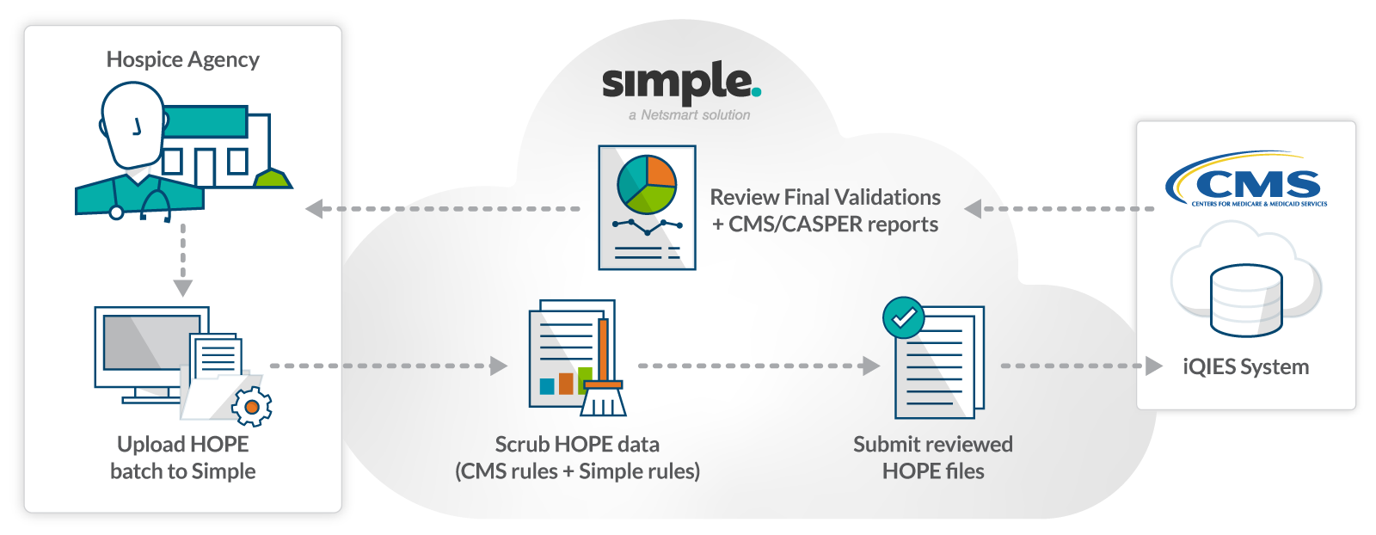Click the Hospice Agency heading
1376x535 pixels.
pyautogui.click(x=182, y=59)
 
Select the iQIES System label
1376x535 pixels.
pyautogui.click(x=1245, y=367)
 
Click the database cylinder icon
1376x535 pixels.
pyautogui.click(x=1246, y=300)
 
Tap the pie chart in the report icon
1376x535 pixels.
pyautogui.click(x=647, y=184)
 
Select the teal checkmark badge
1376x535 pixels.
pyautogui.click(x=903, y=318)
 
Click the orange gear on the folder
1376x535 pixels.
pyautogui.click(x=252, y=406)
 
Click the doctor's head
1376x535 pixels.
pyautogui.click(x=132, y=126)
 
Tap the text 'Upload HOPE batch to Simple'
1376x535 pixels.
pyautogui.click(x=183, y=458)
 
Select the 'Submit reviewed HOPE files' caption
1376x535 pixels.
pyautogui.click(x=933, y=458)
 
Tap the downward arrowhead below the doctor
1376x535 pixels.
pyautogui.click(x=183, y=287)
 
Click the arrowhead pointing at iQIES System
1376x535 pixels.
pyautogui.click(x=1153, y=366)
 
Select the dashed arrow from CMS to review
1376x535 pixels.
pyautogui.click(x=1062, y=209)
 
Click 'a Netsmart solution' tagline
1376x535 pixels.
pyautogui.click(x=689, y=115)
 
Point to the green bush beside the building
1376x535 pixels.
pyautogui.click(x=273, y=178)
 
